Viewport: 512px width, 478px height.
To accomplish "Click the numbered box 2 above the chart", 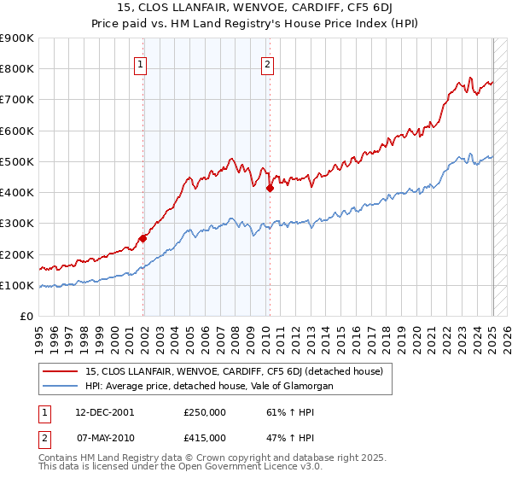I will (x=267, y=63).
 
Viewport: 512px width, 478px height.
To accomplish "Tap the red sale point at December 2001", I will (x=143, y=239).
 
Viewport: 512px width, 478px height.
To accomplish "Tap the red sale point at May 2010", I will (x=270, y=188).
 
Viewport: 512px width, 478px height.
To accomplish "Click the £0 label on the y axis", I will (x=26, y=316).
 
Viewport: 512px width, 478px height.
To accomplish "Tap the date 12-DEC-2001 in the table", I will (x=104, y=411).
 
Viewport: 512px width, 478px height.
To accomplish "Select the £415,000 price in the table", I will (x=205, y=437).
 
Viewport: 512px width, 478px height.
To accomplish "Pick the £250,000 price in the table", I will (x=205, y=411).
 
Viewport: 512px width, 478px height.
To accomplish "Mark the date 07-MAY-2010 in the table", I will (x=104, y=437).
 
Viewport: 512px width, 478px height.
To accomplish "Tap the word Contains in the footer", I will (x=60, y=458).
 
